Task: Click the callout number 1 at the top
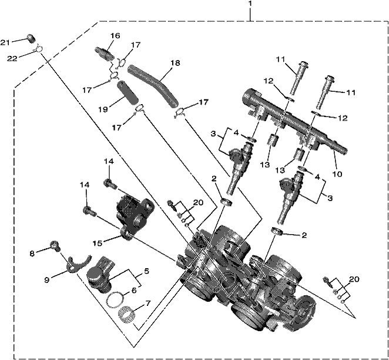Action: [250, 4]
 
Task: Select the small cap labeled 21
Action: [31, 38]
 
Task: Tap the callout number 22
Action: [12, 58]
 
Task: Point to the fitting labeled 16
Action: [104, 53]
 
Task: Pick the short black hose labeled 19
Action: [127, 92]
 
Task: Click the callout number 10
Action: [337, 174]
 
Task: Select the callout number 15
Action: [98, 244]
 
